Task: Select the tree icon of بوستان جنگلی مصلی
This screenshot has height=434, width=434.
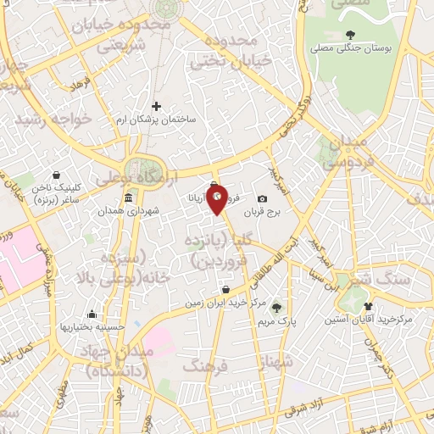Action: pyautogui.click(x=351, y=34)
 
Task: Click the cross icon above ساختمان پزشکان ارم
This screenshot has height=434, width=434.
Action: pyautogui.click(x=156, y=106)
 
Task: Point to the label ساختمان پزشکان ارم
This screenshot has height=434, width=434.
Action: pyautogui.click(x=156, y=120)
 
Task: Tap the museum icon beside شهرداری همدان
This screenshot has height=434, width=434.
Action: pyautogui.click(x=127, y=198)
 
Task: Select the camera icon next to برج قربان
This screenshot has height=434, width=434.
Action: pyautogui.click(x=262, y=199)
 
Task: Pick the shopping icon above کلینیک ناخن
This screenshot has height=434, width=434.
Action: pyautogui.click(x=56, y=175)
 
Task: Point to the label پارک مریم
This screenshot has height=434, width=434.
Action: pyautogui.click(x=275, y=321)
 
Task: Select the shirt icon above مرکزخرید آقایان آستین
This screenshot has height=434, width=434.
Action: pyautogui.click(x=367, y=306)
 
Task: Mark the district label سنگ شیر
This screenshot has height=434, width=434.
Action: pyautogui.click(x=398, y=279)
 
